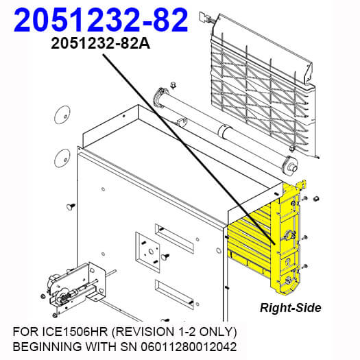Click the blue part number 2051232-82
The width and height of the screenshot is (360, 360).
(101, 20)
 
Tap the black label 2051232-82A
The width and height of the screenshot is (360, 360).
(100, 43)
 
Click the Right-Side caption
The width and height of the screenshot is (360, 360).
(291, 308)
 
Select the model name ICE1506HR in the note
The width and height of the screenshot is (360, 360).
(75, 332)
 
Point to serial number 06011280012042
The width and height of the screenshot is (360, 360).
(189, 347)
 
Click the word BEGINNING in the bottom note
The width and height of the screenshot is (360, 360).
(47, 347)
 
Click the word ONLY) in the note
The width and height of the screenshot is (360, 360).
(218, 332)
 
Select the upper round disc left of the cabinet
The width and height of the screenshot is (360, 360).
(62, 115)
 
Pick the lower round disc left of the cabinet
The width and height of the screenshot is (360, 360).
(62, 158)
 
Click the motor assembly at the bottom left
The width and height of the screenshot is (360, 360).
(75, 290)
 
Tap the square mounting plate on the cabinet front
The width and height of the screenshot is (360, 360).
(147, 252)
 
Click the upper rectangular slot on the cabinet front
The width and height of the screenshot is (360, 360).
(174, 239)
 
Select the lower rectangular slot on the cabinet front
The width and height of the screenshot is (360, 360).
(174, 294)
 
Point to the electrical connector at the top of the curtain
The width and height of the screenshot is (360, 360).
(205, 17)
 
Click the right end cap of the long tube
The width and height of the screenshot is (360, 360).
(291, 164)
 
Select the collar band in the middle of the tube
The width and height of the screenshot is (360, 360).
(224, 131)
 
